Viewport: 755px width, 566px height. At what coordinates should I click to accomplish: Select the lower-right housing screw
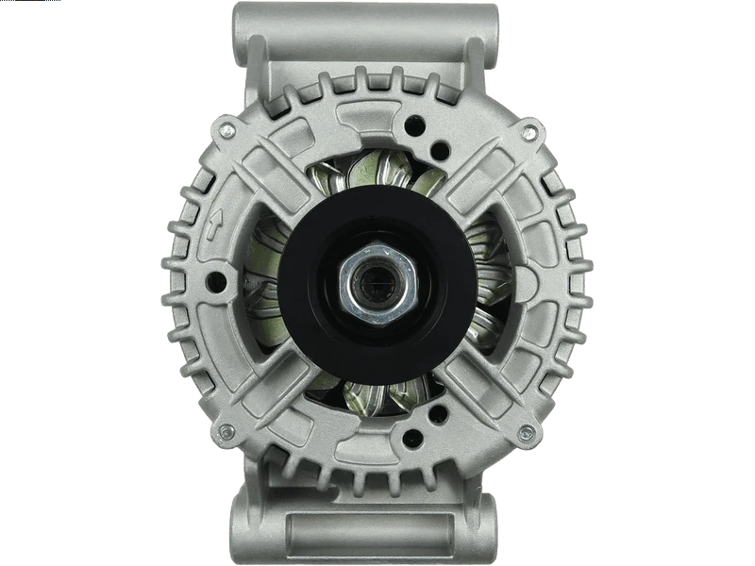point(530,431)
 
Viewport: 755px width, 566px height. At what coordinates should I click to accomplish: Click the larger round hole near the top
point(411,123)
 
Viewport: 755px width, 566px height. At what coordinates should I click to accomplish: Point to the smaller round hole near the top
point(437,147)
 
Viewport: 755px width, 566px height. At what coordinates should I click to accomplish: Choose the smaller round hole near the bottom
point(437,411)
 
